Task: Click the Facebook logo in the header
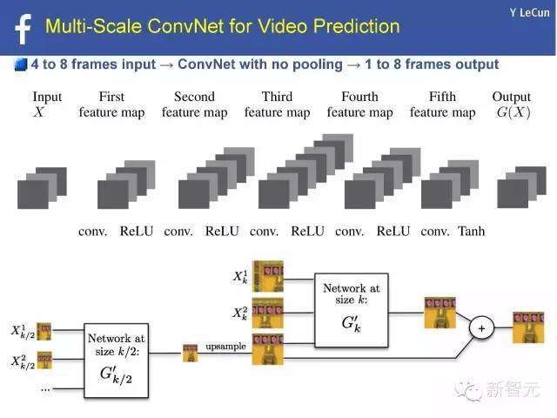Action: click(23, 30)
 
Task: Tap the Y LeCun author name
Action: click(529, 13)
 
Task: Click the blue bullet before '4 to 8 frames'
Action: click(21, 64)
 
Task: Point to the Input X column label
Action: click(46, 104)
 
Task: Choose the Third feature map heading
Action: click(277, 104)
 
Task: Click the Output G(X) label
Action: click(512, 104)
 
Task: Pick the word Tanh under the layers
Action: click(472, 231)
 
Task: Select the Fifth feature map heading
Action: click(443, 104)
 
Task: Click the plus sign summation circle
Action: click(481, 328)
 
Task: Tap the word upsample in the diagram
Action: click(226, 347)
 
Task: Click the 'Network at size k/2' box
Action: click(116, 361)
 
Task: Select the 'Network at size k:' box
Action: click(352, 310)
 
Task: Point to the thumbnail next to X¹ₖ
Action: click(268, 276)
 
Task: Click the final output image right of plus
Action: click(528, 327)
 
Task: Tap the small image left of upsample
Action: click(191, 353)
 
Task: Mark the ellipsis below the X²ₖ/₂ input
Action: click(45, 390)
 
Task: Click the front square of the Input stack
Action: click(33, 194)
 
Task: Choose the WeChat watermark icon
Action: click(468, 389)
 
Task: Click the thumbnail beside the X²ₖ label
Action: click(268, 313)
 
